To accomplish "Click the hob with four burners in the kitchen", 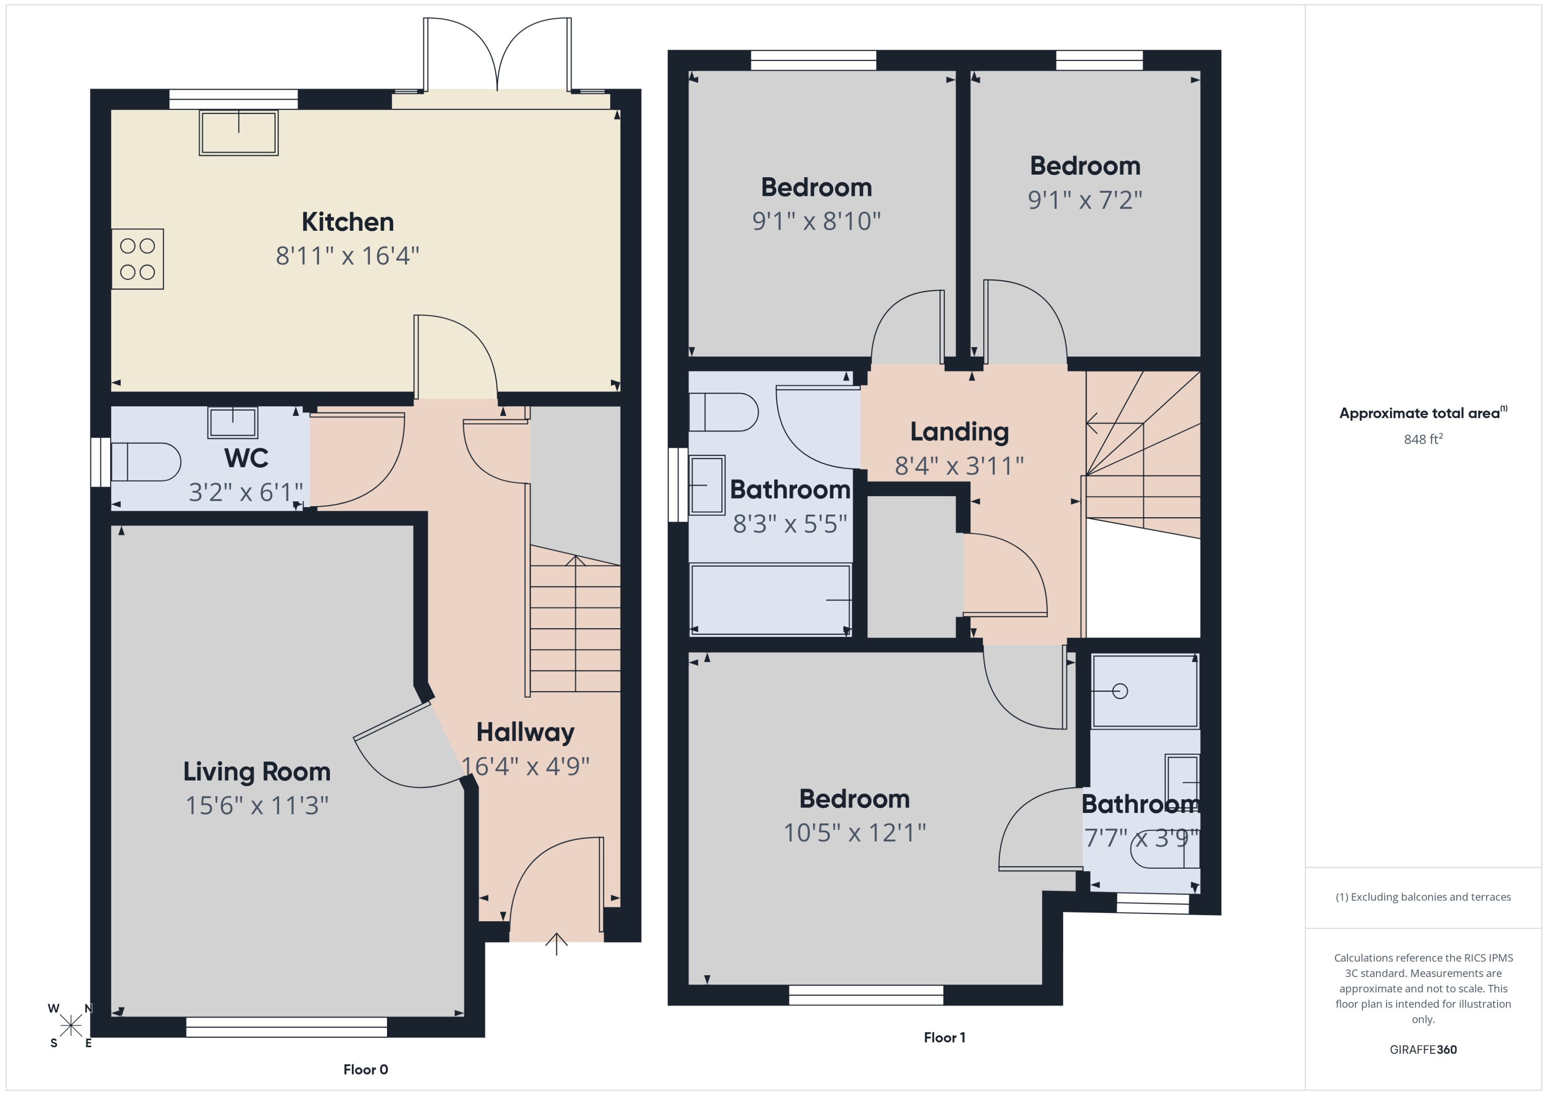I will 138,259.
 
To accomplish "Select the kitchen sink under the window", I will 239,133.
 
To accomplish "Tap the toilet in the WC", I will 146,462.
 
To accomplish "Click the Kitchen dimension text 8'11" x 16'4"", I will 347,256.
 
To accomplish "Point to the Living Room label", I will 257,771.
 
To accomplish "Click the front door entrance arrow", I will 556,944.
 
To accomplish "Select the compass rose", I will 70,1026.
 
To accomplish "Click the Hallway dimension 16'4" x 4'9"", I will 525,766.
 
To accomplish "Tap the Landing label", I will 959,431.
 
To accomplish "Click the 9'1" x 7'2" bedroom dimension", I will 1084,200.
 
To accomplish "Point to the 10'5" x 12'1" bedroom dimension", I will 854,833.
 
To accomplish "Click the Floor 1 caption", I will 944,1038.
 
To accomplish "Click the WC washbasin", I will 233,423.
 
